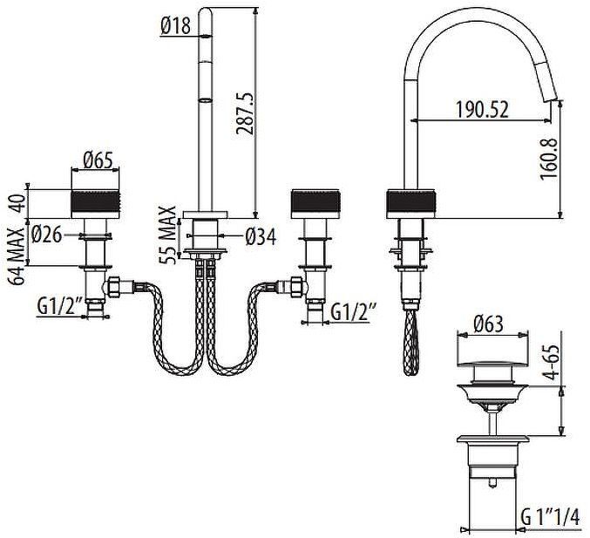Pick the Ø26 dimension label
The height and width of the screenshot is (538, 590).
coord(46,233)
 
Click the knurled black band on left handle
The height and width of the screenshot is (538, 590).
coord(93,203)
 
